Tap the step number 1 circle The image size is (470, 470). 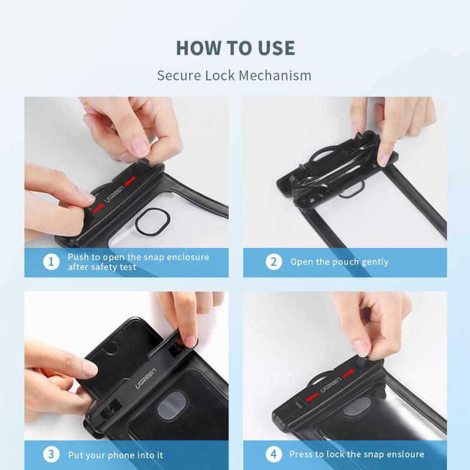(52, 262)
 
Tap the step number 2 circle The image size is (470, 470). (273, 262)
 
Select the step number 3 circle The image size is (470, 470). (52, 455)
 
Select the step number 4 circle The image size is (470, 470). (273, 455)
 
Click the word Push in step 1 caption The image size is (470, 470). (78, 257)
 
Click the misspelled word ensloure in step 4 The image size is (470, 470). (404, 455)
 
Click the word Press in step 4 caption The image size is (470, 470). (301, 455)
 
